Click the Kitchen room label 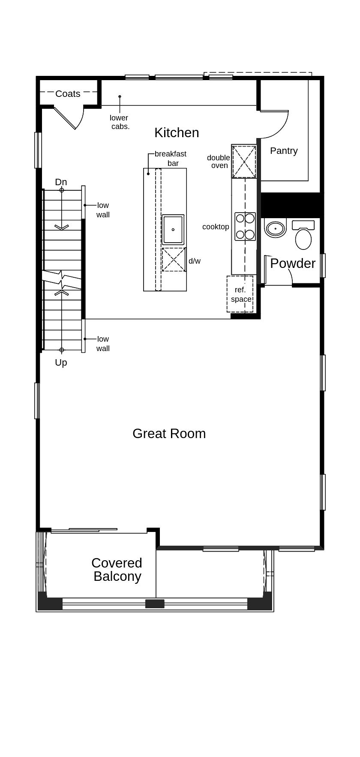click(x=177, y=133)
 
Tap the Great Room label click(x=169, y=433)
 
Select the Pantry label click(x=284, y=151)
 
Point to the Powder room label click(x=293, y=263)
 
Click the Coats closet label click(x=68, y=94)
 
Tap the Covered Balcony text click(x=117, y=570)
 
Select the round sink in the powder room click(x=275, y=228)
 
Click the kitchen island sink click(x=173, y=229)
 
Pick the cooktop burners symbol click(x=245, y=226)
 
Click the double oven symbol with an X click(x=244, y=162)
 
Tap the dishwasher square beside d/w click(x=174, y=259)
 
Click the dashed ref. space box click(x=240, y=294)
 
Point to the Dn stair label click(x=61, y=182)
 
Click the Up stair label click(x=61, y=363)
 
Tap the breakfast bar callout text click(x=171, y=158)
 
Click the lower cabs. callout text click(x=119, y=122)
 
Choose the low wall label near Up click(x=103, y=344)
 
